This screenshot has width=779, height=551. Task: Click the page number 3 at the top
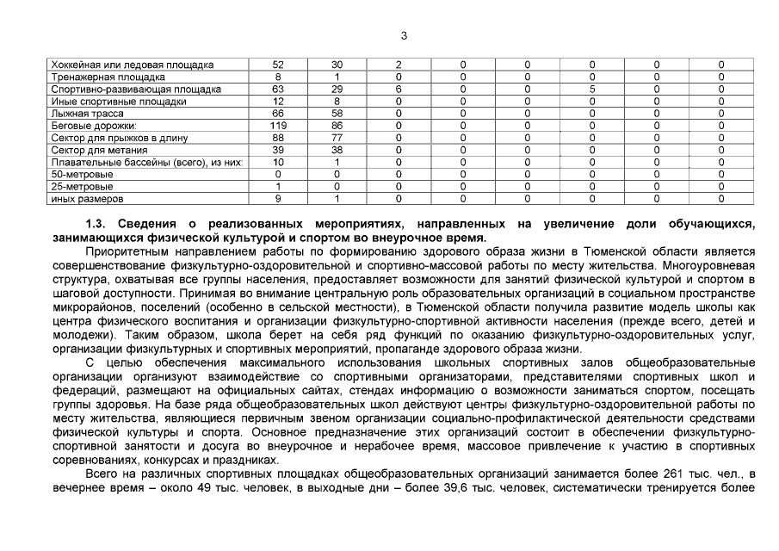click(404, 35)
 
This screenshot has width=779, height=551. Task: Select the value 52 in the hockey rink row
click(278, 65)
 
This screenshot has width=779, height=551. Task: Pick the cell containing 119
click(278, 126)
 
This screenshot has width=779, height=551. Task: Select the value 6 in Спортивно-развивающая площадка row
click(399, 89)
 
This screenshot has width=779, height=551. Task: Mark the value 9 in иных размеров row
click(278, 199)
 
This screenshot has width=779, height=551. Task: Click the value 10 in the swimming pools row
click(278, 162)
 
